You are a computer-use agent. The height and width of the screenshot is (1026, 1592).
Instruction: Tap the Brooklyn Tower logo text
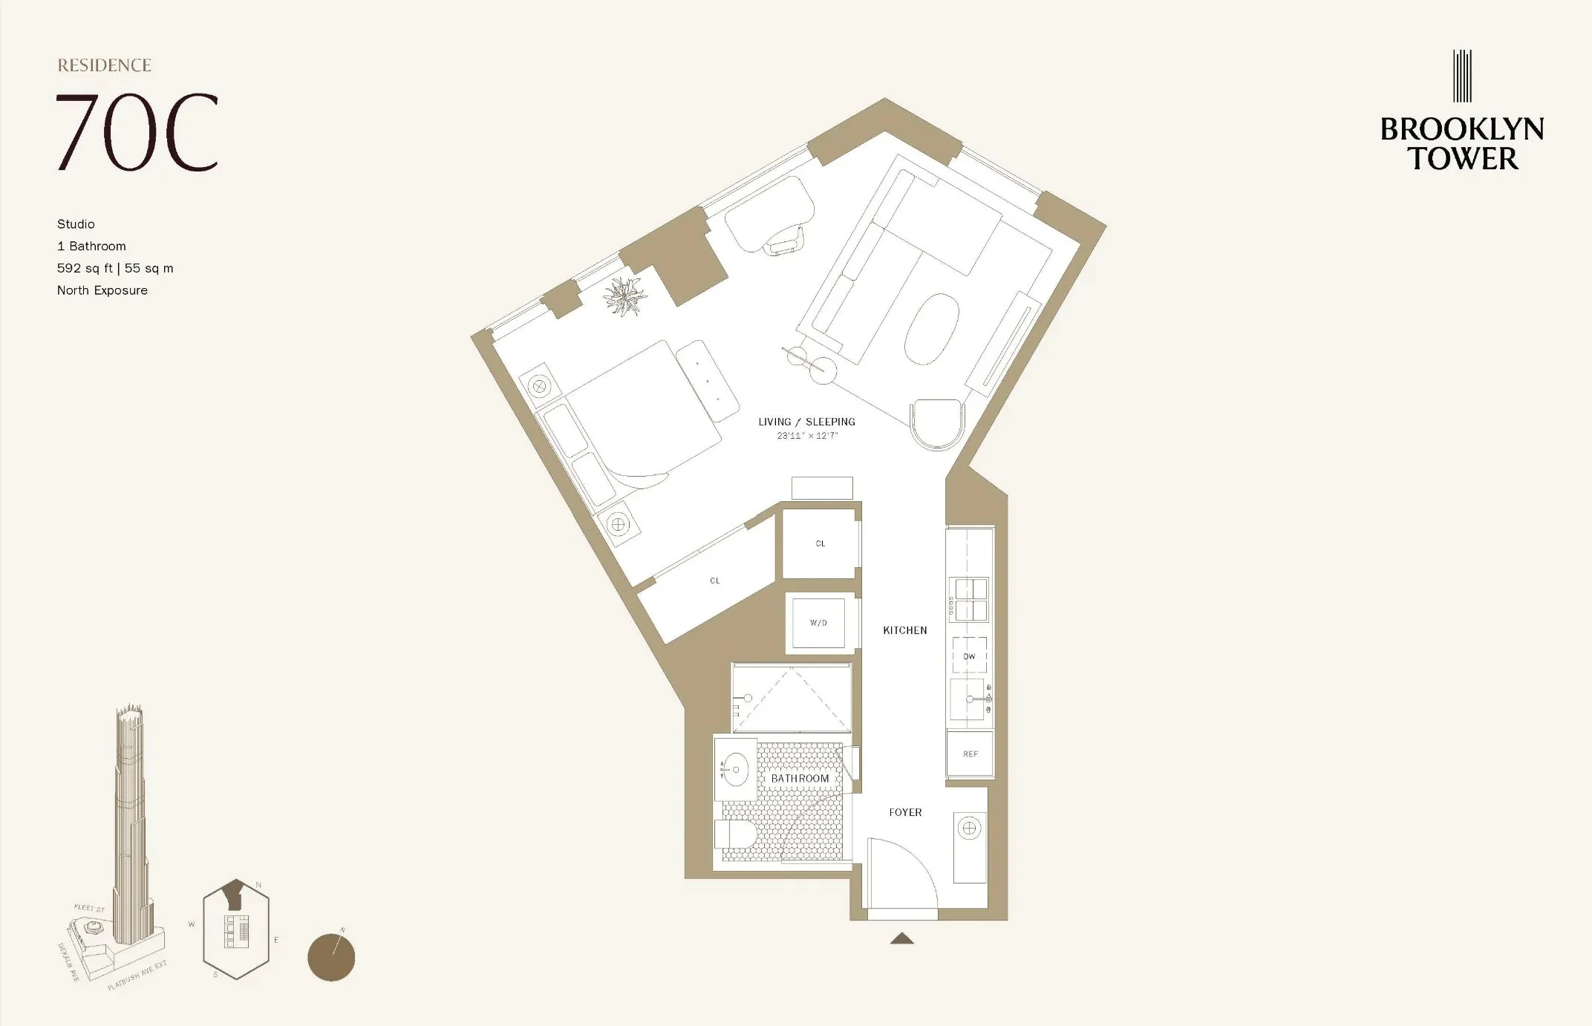coord(1462,143)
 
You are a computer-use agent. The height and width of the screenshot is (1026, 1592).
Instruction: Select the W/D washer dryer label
coord(818,623)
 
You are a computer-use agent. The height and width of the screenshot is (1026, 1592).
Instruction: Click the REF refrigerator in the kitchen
coord(970,754)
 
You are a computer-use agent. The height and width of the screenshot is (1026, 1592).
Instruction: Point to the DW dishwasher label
coord(969,656)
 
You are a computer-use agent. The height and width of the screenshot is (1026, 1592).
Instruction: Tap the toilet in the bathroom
coord(734,833)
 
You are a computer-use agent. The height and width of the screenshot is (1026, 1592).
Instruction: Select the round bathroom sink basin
coord(735,770)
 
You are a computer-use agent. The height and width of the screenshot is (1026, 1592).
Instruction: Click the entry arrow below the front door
coord(902,938)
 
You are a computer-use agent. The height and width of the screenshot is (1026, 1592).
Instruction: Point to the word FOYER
coord(905,812)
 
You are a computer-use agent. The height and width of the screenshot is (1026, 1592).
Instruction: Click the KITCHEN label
coord(904,630)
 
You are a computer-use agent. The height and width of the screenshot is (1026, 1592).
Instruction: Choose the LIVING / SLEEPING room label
coord(806,422)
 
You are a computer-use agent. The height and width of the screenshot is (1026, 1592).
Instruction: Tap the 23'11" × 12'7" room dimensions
coord(807,436)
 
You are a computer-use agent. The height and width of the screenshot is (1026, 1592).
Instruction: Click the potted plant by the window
coord(624,296)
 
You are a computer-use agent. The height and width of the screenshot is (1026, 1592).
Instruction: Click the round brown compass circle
coord(331,958)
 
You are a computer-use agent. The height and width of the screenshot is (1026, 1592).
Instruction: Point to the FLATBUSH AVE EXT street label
coord(137,976)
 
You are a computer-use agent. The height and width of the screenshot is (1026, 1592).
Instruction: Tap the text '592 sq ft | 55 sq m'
coord(115,268)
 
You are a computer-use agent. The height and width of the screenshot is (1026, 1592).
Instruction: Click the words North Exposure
coord(102,290)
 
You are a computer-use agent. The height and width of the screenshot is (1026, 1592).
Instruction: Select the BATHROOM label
coord(800,778)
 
